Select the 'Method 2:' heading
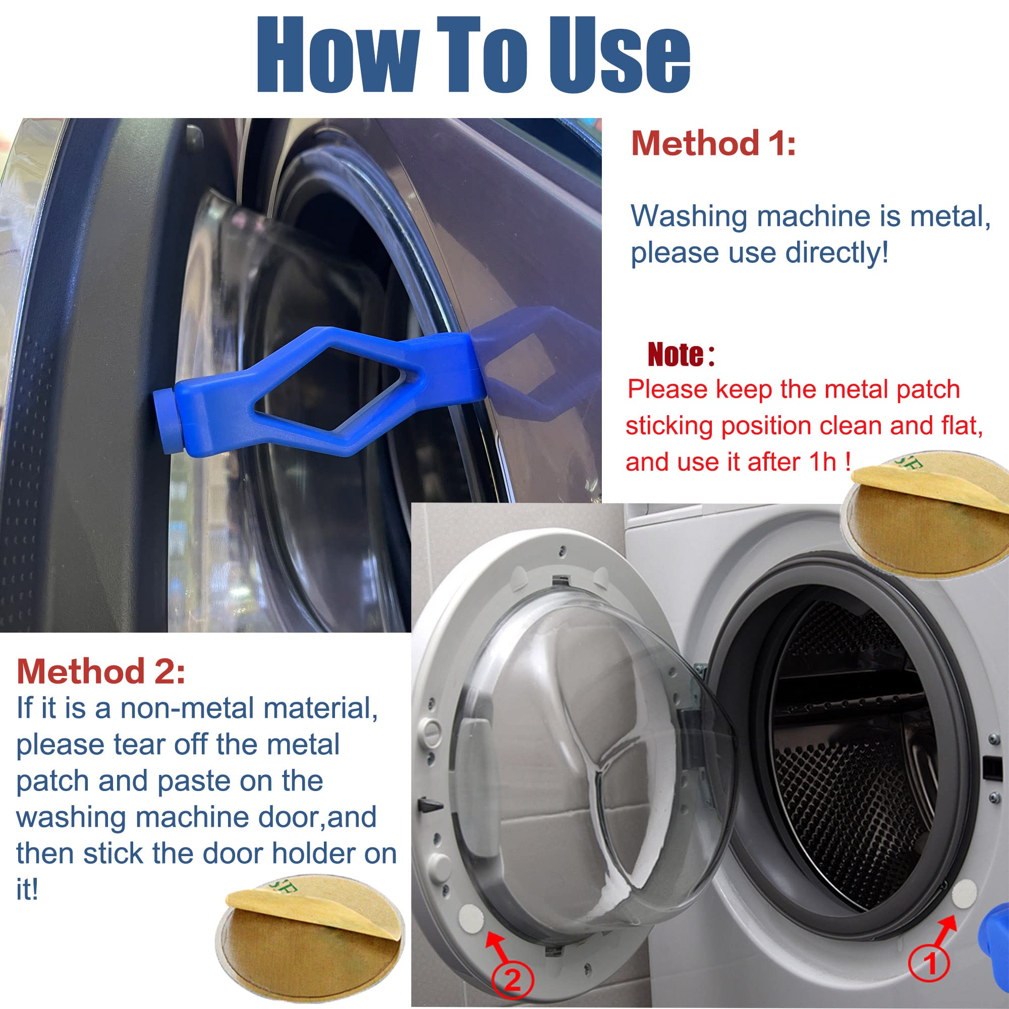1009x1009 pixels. coord(101,671)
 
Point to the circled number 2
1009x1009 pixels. coord(513,981)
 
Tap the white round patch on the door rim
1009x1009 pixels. coord(471,920)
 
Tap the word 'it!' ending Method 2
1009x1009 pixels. coord(27,890)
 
